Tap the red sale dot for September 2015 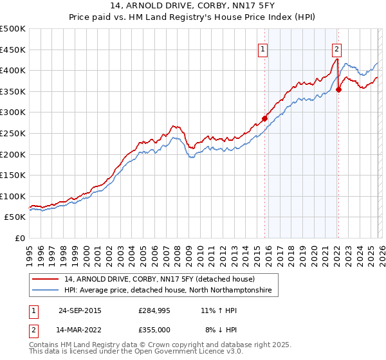(x=264, y=118)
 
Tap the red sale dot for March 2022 (x=338, y=89)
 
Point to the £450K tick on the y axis (x=13, y=50)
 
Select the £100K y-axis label (x=13, y=196)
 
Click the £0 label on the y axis (x=19, y=239)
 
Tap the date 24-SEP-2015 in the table (x=80, y=310)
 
